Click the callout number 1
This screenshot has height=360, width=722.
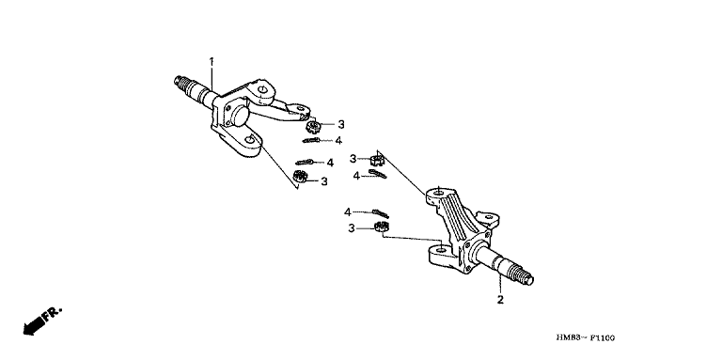coord(212,61)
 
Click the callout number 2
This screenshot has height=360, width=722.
coord(500,300)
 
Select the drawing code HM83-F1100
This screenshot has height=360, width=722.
coord(585,338)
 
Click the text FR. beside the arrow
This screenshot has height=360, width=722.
coord(52,314)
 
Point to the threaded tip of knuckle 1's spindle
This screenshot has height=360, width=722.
coord(180,82)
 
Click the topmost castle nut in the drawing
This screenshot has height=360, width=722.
coord(313,125)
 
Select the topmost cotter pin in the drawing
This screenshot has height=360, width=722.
coord(312,140)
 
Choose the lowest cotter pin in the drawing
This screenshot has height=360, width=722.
coord(381,213)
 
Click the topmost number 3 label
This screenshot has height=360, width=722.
coord(340,124)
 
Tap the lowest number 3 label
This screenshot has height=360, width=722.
coord(352,228)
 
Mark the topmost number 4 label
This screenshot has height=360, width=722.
coord(338,140)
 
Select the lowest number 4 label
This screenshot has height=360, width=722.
coord(348,212)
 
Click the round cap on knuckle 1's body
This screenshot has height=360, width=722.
coord(238,115)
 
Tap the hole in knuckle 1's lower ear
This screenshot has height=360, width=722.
coord(249,139)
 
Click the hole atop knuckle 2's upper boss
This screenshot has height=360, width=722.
coord(438,193)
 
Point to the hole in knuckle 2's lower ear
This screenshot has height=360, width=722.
coord(441,250)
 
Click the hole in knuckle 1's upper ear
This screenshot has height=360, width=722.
coord(263,90)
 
